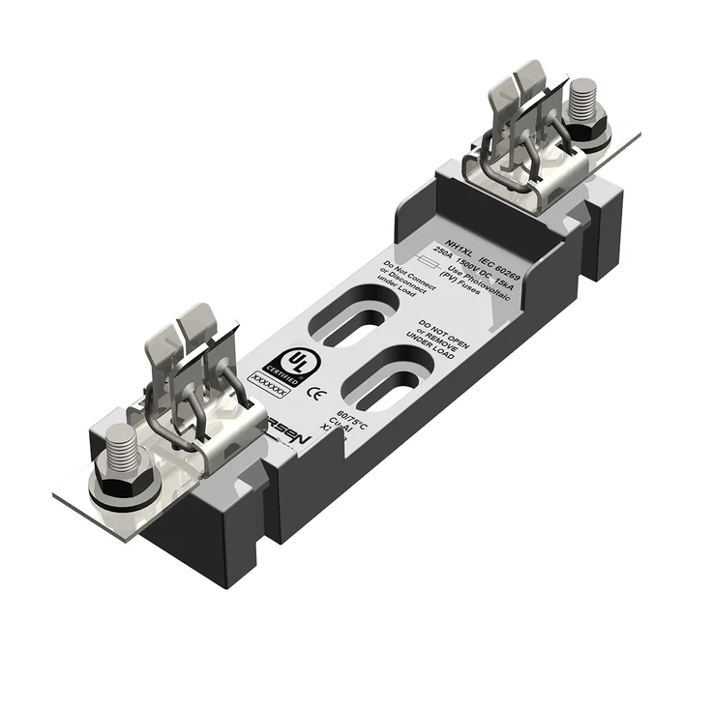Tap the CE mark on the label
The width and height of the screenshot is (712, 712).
click(313, 394)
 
